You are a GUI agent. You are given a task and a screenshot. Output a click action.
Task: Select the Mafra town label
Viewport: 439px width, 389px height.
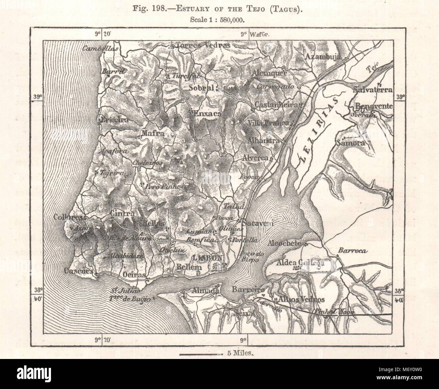pyautogui.click(x=153, y=133)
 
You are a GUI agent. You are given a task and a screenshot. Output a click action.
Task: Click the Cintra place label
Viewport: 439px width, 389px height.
pyautogui.click(x=122, y=214)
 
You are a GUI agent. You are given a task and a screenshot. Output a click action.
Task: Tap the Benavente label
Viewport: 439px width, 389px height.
pyautogui.click(x=373, y=107)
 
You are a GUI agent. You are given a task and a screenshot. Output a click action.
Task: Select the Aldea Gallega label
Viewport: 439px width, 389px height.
pyautogui.click(x=301, y=262)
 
